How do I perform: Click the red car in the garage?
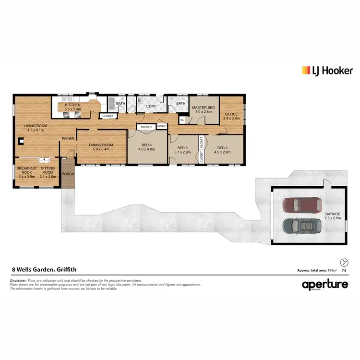(302, 205)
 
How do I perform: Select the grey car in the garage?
(302, 225)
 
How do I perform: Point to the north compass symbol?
(343, 262)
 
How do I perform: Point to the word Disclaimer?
(18, 280)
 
